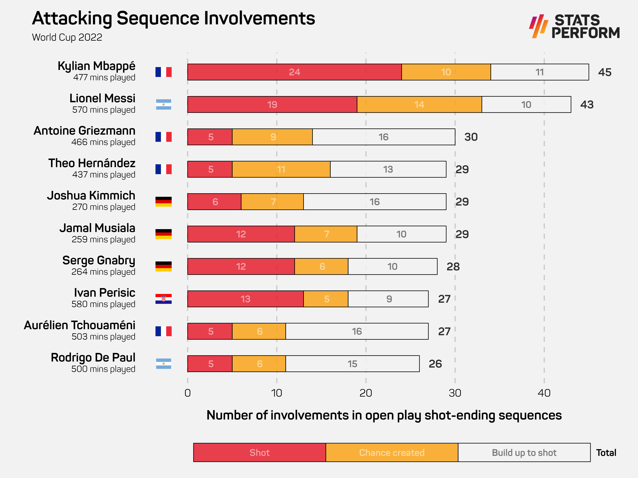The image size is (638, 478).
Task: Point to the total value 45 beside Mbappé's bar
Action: click(605, 72)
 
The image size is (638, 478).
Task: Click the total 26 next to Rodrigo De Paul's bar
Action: click(435, 364)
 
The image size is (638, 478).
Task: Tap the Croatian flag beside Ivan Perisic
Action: click(163, 299)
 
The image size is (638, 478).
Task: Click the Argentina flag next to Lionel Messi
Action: click(163, 104)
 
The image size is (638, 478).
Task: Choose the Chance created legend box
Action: click(392, 452)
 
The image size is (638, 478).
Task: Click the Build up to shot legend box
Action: click(524, 452)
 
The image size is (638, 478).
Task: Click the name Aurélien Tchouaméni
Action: click(80, 325)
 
